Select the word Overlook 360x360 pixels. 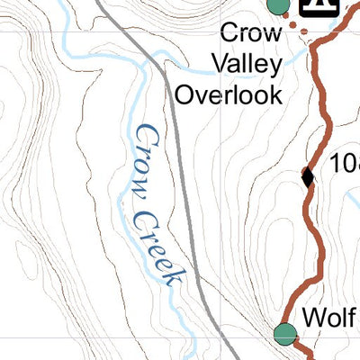pos(229,94)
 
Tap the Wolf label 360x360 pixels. pos(330,317)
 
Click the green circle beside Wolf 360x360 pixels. pos(285,333)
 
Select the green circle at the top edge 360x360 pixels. pos(278,4)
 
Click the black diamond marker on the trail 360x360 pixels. pos(308,176)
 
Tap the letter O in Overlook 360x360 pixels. pos(184,94)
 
